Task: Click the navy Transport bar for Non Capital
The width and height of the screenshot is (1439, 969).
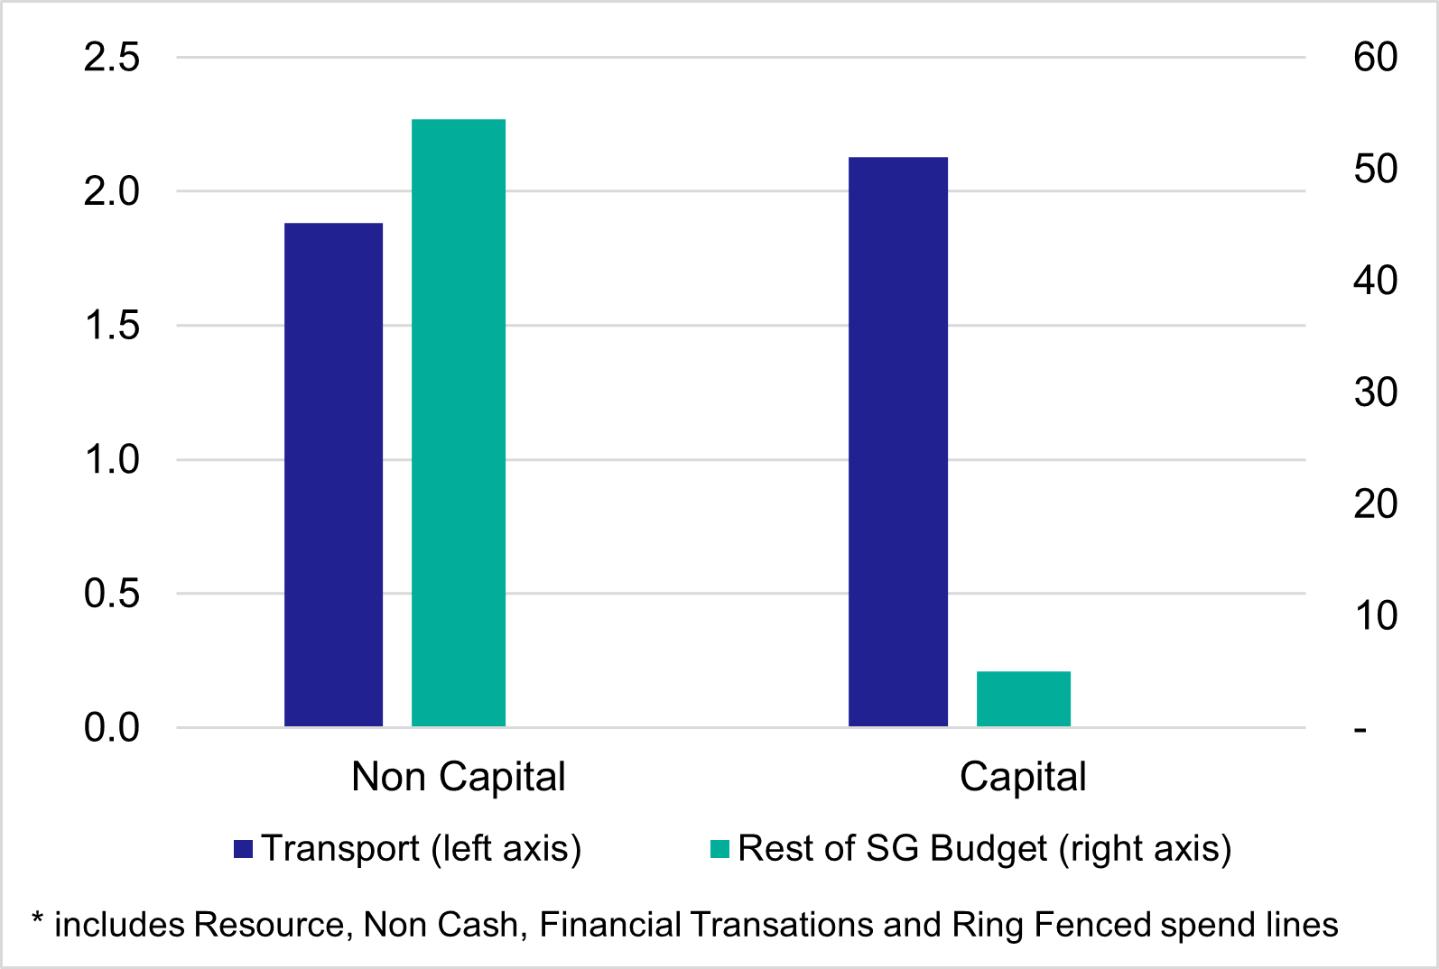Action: (x=333, y=475)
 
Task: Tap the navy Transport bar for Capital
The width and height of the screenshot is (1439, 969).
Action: (x=897, y=442)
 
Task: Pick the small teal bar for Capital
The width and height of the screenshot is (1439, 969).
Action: (x=1023, y=699)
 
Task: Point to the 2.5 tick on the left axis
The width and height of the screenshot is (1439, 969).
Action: (x=112, y=58)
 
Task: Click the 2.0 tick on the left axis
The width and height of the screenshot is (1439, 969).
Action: (x=112, y=191)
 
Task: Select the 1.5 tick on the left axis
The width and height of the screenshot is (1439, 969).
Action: (x=112, y=326)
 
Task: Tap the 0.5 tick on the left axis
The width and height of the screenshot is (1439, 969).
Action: (x=112, y=594)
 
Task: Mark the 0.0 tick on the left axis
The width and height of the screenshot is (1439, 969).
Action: (x=112, y=727)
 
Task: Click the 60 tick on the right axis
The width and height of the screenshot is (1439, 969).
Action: (x=1375, y=58)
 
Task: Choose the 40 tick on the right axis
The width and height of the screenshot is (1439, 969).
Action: (x=1375, y=281)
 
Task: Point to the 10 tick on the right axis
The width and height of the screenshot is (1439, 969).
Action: (x=1375, y=616)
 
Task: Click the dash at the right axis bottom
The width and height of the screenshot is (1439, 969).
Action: (x=1360, y=729)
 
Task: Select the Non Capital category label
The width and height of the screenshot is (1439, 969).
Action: (x=458, y=777)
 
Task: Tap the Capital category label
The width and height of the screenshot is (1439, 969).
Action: (x=1023, y=777)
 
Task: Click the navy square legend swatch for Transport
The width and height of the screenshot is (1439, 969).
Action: (x=243, y=849)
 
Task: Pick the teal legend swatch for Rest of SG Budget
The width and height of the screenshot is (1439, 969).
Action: (x=719, y=849)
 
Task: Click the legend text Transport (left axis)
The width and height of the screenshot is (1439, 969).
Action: (x=422, y=849)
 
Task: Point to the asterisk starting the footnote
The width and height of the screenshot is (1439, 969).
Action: (x=38, y=920)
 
